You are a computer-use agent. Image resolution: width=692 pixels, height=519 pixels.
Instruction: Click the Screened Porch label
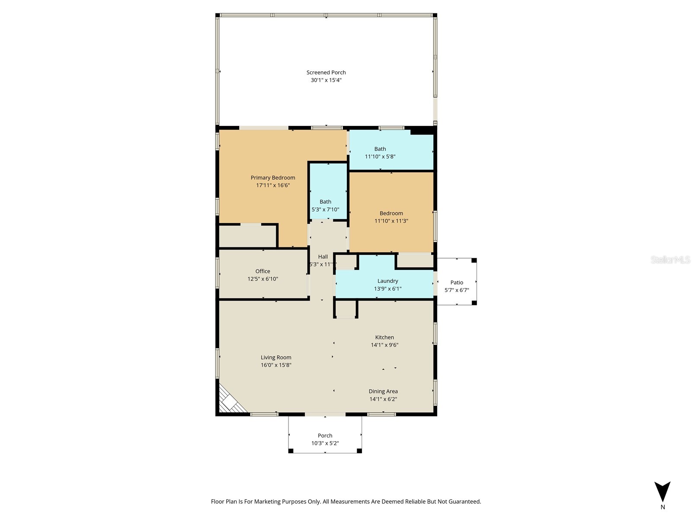326,73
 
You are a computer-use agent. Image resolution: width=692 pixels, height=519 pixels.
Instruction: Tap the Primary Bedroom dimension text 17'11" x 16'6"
273,185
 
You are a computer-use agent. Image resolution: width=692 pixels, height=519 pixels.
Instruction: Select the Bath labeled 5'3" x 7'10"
325,205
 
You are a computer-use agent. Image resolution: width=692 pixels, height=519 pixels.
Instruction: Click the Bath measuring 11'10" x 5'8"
380,153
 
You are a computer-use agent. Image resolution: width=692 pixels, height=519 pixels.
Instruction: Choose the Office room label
263,271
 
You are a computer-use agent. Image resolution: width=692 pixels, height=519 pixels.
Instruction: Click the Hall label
323,256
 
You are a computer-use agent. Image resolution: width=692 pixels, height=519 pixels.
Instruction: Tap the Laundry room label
388,281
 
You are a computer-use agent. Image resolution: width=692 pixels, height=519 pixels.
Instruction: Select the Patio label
457,282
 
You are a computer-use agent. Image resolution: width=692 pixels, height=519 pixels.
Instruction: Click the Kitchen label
384,337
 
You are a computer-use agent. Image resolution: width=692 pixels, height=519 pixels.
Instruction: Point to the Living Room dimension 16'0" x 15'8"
276,365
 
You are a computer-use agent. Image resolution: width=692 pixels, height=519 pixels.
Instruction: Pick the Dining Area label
383,391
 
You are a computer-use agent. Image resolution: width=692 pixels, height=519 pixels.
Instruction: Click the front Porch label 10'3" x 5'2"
325,439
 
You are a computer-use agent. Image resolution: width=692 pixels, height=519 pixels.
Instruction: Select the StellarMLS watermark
670,259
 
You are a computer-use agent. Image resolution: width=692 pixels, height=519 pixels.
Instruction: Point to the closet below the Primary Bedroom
247,236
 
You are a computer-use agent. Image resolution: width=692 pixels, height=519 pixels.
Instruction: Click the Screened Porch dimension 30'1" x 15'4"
326,80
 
